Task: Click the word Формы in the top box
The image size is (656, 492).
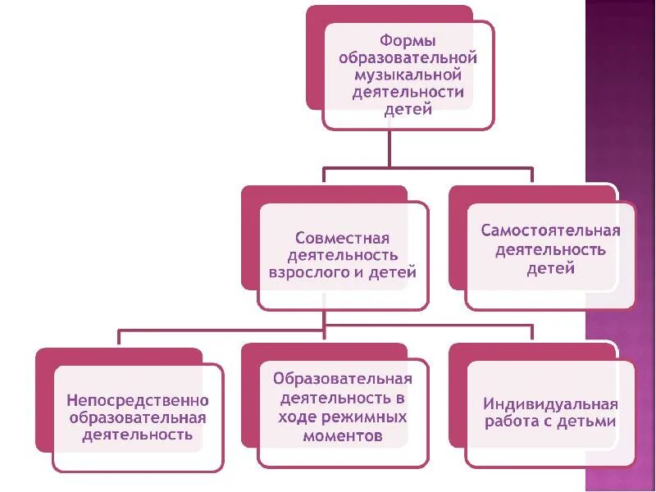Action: point(408,40)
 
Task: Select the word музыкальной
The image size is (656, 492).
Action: point(408,75)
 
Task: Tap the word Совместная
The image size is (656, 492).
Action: point(342,238)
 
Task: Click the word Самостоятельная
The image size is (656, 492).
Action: point(550,230)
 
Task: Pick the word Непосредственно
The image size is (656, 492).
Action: point(138,401)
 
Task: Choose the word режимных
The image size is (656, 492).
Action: point(367,417)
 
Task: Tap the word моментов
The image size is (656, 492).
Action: point(342,436)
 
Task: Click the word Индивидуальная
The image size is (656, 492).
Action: point(550,404)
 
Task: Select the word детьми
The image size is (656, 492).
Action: point(585,422)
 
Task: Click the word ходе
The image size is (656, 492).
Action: point(299,417)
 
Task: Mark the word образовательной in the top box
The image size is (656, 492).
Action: point(408,57)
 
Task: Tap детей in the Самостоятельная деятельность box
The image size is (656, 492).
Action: point(550,267)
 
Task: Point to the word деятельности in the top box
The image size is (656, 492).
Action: point(408,93)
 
